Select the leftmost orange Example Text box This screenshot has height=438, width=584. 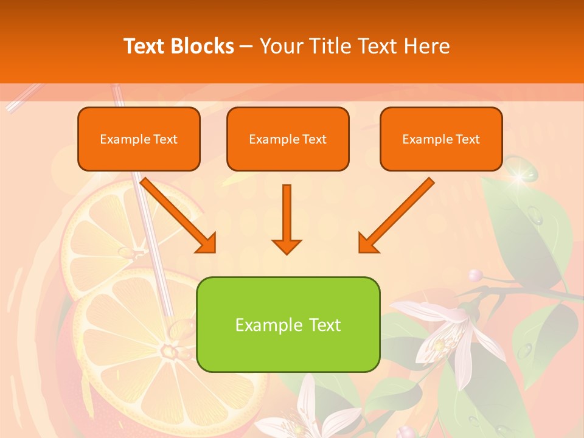(139, 139)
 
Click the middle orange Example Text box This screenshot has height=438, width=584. (288, 139)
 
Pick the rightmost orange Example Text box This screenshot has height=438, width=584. (441, 139)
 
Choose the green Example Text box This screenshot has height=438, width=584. (288, 324)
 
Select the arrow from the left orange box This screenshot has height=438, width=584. (179, 215)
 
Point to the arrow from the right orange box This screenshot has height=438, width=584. (396, 215)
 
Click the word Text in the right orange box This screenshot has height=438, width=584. (467, 139)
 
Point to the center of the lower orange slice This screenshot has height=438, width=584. (167, 351)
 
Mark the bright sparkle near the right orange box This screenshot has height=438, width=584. (519, 177)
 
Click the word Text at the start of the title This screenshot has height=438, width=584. (145, 46)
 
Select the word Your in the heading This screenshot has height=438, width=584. (283, 46)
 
